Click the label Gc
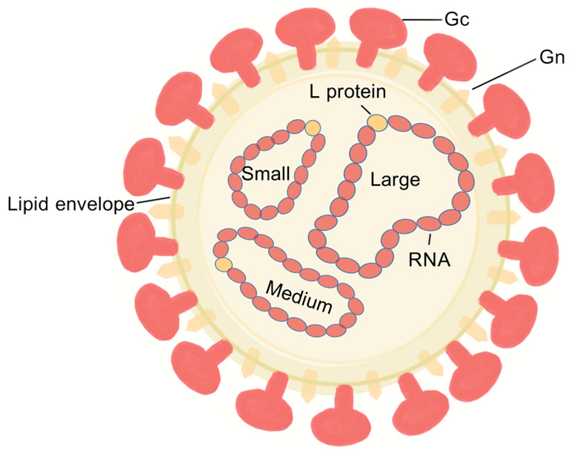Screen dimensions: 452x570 [457, 19]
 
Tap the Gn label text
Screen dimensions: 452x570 [551, 58]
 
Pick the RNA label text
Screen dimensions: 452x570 [430, 259]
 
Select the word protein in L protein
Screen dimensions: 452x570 [356, 92]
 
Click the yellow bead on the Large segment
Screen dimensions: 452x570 [377, 122]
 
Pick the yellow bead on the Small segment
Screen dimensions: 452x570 [313, 128]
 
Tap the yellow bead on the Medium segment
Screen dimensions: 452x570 [223, 264]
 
